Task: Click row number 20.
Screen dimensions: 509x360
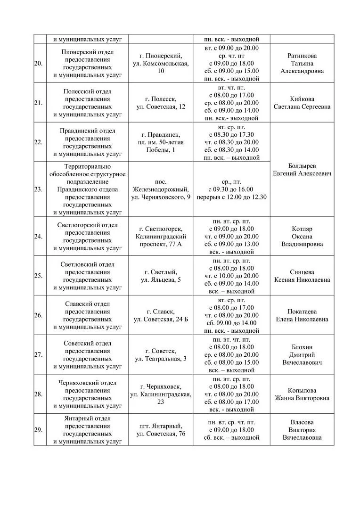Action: tap(38, 64)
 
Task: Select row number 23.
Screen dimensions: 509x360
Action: tap(38, 189)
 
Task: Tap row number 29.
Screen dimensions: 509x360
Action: tap(38, 430)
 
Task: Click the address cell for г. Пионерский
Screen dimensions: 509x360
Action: tap(161, 63)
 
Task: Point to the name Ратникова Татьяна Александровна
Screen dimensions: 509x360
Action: tap(302, 63)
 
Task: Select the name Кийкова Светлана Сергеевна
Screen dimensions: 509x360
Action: tap(302, 103)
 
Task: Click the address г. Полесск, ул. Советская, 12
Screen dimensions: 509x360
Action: tap(161, 103)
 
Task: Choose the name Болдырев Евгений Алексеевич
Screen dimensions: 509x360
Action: tap(302, 170)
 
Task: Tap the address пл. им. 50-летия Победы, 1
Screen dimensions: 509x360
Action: tap(161, 146)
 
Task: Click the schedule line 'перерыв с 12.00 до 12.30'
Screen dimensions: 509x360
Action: tap(231, 197)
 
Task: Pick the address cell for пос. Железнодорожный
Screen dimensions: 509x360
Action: tap(161, 189)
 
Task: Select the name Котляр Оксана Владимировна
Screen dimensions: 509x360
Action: tap(302, 237)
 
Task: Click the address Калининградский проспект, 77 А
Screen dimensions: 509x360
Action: tap(161, 240)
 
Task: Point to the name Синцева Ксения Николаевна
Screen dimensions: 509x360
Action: tap(302, 276)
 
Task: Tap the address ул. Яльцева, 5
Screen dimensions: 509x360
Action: tap(161, 280)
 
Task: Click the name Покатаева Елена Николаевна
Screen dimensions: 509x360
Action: tap(302, 315)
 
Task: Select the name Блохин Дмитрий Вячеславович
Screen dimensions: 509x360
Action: tap(302, 355)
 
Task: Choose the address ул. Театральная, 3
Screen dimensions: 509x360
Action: tap(161, 359)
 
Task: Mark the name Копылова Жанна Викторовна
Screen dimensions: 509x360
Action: tap(302, 394)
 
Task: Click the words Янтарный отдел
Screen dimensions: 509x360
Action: tap(87, 419)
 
